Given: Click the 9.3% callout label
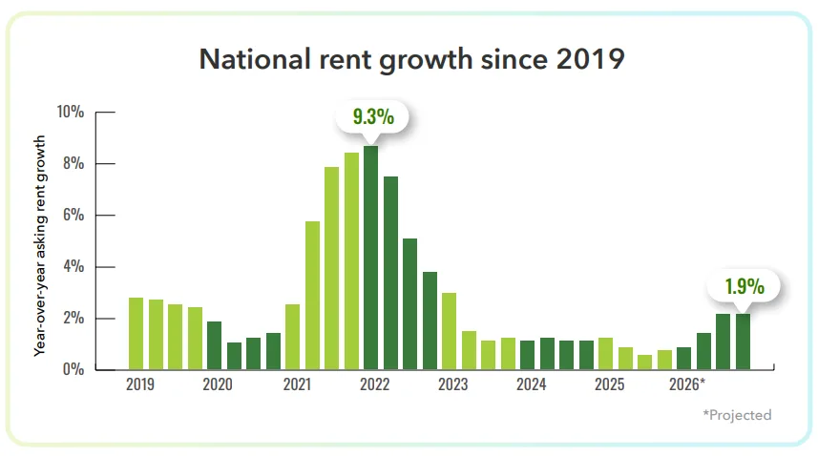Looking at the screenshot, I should click(x=371, y=117).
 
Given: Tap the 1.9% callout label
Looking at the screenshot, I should click(x=743, y=285).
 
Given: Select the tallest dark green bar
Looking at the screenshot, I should click(x=371, y=258).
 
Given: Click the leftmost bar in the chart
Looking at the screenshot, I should click(x=136, y=334).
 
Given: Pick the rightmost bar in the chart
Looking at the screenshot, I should click(x=743, y=342).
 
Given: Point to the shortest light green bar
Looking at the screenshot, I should click(x=645, y=362).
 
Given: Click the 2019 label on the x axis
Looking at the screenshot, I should click(x=140, y=385).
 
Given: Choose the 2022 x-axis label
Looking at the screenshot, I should click(x=374, y=385).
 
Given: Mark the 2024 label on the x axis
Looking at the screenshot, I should click(x=531, y=385).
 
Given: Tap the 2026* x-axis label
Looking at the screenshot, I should click(x=687, y=385).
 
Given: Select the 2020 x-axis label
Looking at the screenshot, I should click(x=218, y=385).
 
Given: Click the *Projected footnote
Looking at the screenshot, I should click(x=736, y=415).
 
